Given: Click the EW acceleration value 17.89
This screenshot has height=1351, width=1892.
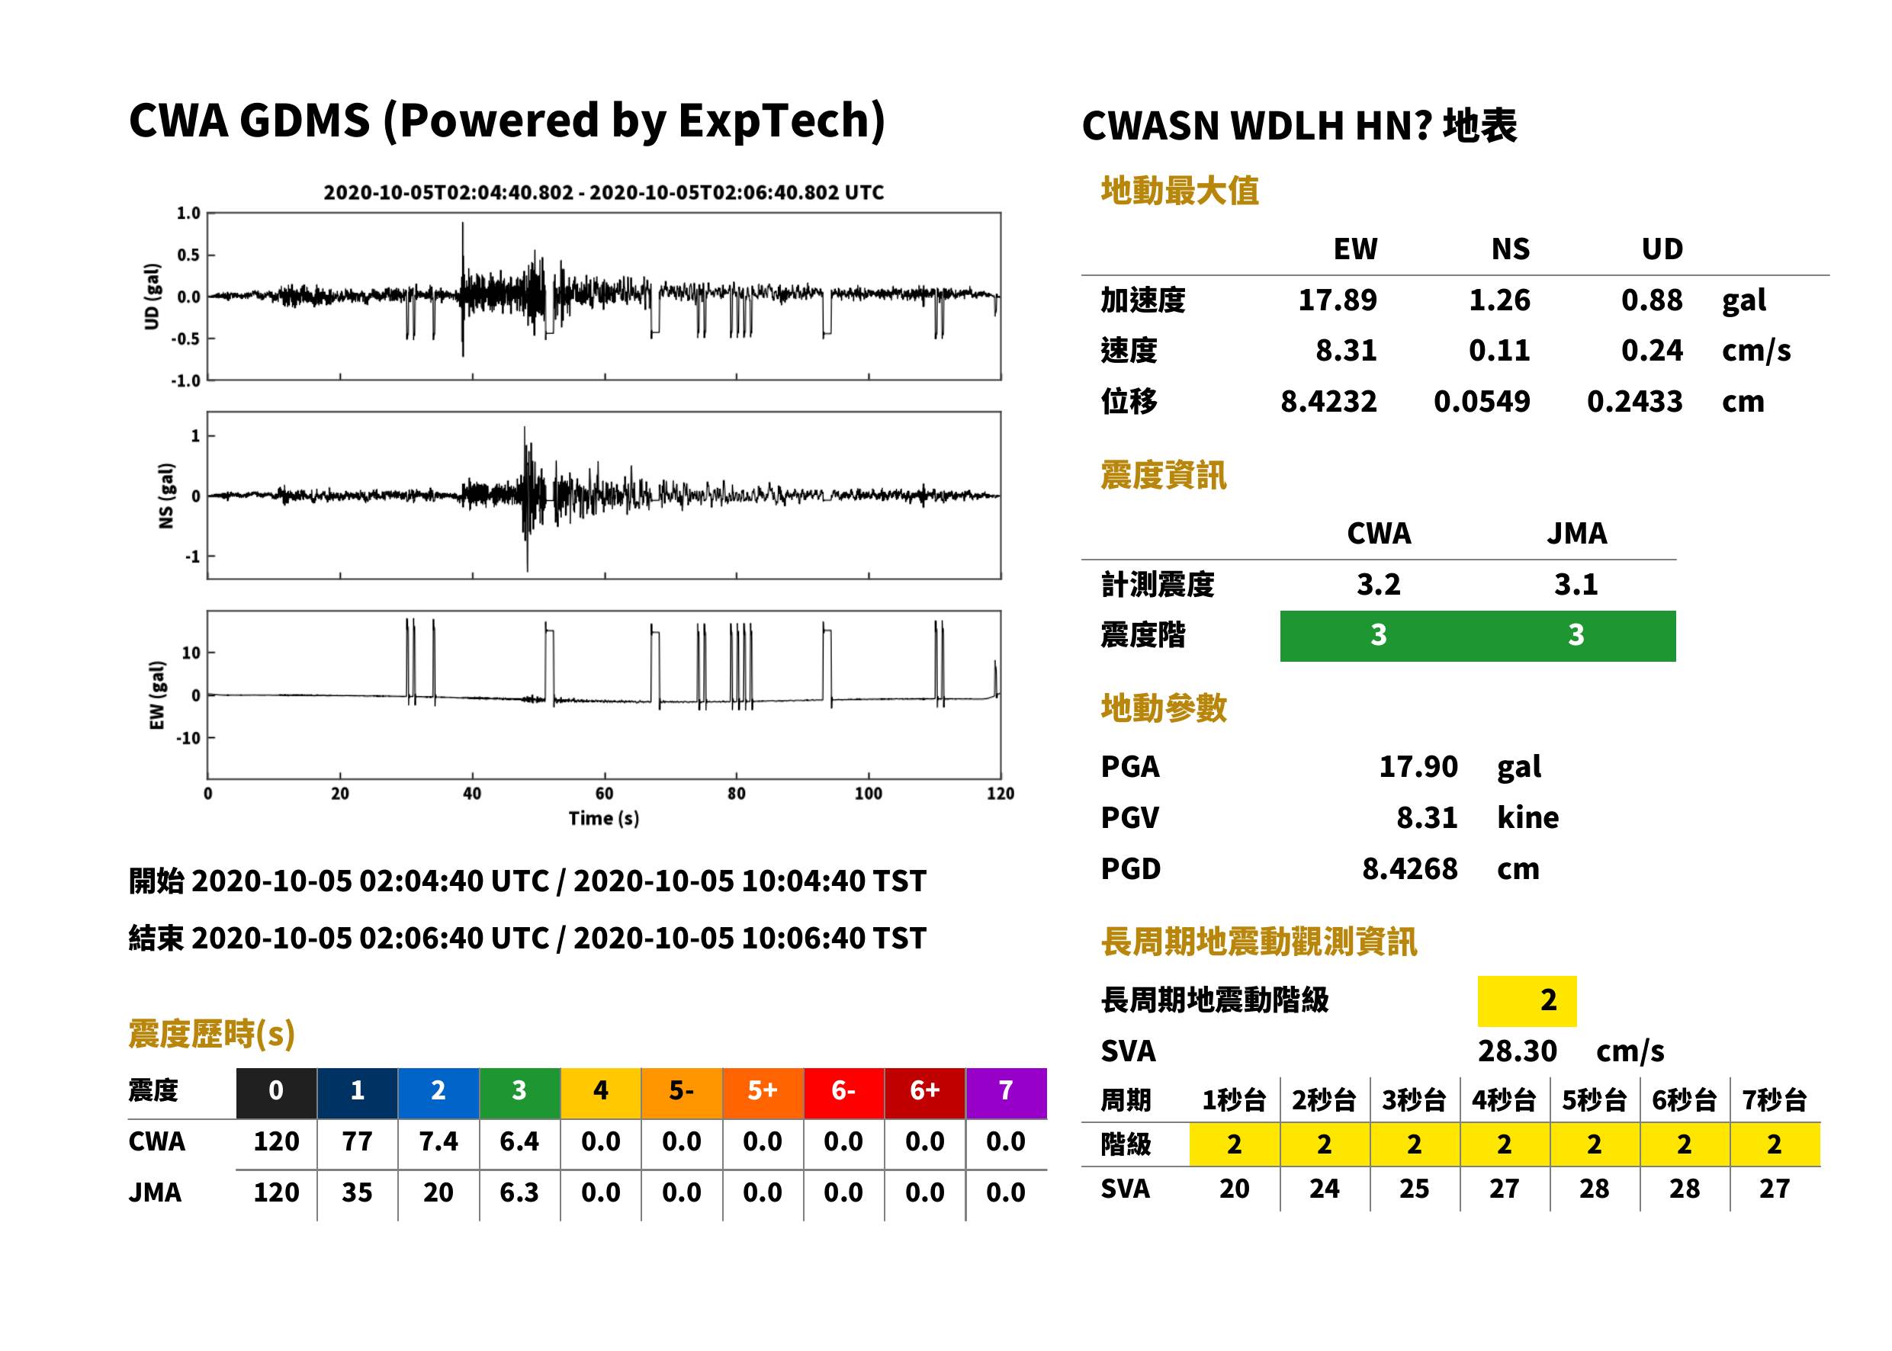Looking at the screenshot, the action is click(x=1337, y=300).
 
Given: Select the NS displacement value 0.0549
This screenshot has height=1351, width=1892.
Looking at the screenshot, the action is click(x=1482, y=401).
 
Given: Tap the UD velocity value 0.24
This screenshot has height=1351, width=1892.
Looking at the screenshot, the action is click(x=1652, y=350).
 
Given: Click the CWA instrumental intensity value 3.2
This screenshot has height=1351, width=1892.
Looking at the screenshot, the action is click(x=1379, y=584).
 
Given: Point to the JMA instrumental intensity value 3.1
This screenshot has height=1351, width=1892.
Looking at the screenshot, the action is click(x=1576, y=584).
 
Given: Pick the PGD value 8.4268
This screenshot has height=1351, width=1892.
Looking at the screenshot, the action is click(x=1410, y=868).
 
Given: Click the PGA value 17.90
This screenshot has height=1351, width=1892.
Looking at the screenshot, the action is click(x=1418, y=766).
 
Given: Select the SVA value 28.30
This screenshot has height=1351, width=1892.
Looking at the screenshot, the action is click(x=1518, y=1051).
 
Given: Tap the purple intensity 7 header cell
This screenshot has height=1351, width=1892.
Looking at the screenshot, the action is click(x=1006, y=1093).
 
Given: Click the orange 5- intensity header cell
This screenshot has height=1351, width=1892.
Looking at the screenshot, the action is click(x=682, y=1093).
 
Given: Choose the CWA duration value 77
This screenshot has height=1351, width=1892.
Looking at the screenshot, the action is click(x=357, y=1141).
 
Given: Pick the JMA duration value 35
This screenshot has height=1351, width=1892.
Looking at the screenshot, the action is click(x=357, y=1192).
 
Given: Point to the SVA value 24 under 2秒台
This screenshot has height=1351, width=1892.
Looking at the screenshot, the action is click(x=1324, y=1188).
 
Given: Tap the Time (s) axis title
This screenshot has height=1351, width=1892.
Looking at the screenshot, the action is click(x=604, y=819).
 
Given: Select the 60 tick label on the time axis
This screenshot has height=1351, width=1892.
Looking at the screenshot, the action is click(x=604, y=794).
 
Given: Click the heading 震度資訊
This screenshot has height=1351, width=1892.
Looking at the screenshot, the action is click(x=1163, y=475).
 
